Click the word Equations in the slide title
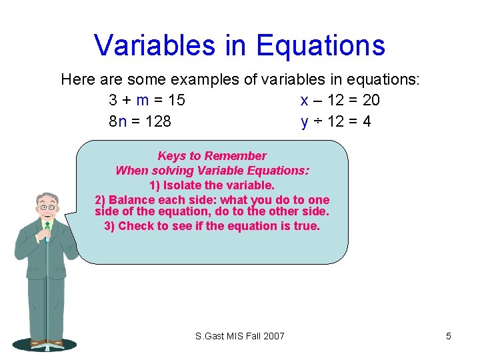coord(321,45)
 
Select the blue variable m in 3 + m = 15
coord(142,100)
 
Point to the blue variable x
coord(304,100)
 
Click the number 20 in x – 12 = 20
coord(371,100)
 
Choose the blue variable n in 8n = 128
coord(122,121)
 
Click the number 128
coord(157,121)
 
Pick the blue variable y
coord(305,122)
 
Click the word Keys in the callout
coord(171,156)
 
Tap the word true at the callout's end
coord(307,226)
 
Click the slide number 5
coord(448,336)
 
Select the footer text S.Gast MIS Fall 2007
coord(239,336)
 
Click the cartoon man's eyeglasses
coord(47,207)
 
